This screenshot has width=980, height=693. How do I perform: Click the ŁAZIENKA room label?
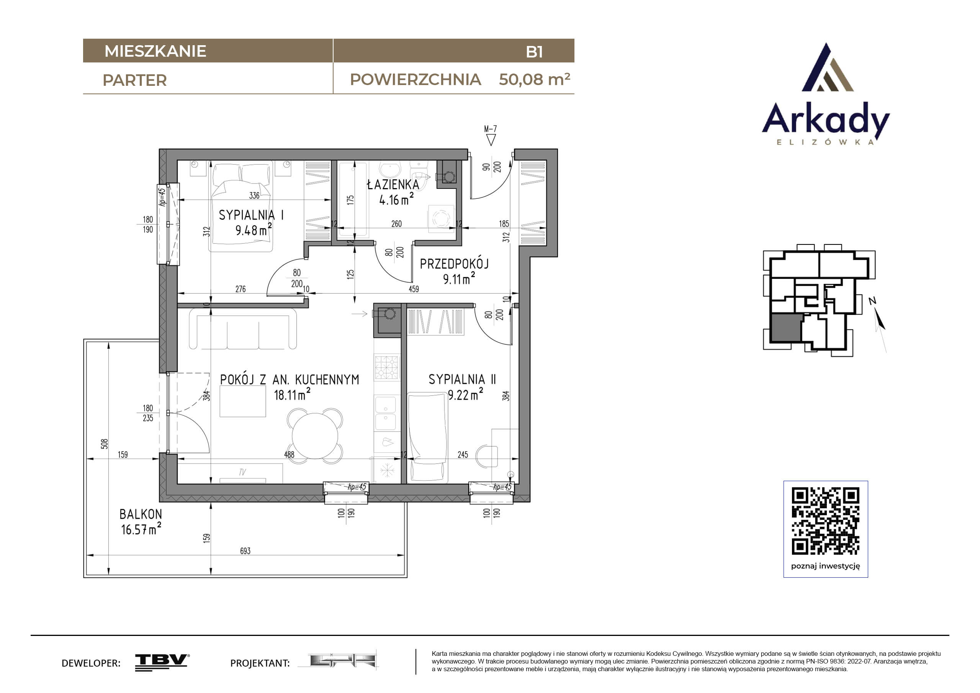[393, 185]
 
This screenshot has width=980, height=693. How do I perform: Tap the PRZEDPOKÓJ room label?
[454, 264]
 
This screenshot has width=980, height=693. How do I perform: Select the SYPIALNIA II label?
[462, 379]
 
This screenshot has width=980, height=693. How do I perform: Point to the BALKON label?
[141, 514]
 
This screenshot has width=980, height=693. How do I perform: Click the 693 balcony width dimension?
[245, 551]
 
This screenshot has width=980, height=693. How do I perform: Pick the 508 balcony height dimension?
[104, 444]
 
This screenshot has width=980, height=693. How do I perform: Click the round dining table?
[315, 436]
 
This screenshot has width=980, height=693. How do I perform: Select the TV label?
[242, 472]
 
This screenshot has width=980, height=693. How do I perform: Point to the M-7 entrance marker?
[491, 135]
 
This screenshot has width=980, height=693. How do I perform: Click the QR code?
[826, 521]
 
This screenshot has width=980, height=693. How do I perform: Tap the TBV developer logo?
[162, 662]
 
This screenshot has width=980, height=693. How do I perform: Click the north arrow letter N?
[872, 301]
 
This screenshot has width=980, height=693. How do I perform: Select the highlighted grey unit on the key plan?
[785, 328]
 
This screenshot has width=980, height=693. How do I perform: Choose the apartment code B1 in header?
[534, 52]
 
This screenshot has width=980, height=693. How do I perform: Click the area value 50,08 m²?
[534, 79]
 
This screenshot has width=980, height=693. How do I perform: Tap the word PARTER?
[134, 80]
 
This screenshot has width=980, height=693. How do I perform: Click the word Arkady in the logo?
[826, 119]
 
